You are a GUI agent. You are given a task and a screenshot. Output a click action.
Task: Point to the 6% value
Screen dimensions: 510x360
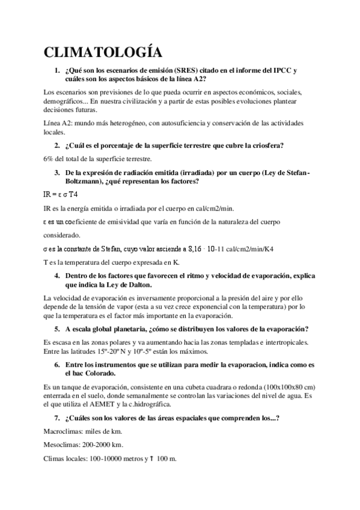point(49,159)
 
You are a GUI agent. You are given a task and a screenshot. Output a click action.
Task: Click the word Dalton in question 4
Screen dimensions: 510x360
point(136,284)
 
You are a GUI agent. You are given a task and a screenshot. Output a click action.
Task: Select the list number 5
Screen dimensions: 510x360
point(56,329)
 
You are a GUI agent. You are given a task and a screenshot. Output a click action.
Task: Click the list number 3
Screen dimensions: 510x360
point(56,173)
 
